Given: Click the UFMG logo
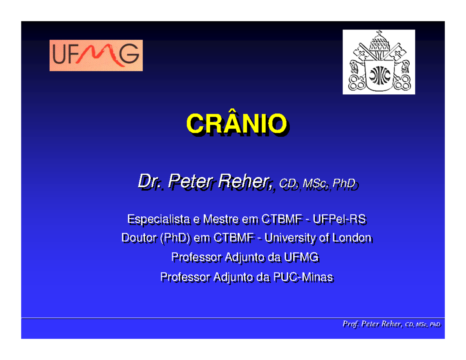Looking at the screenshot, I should (96, 55).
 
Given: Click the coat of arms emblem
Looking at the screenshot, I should (379, 62).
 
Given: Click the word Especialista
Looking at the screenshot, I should (157, 220).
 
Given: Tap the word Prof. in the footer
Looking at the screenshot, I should (349, 324).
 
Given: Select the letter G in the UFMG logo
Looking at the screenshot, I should (129, 55).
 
